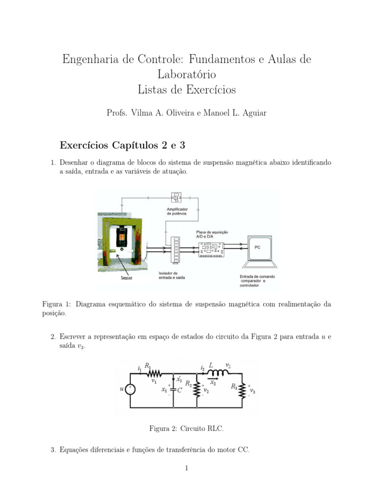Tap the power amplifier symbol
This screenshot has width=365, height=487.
[x=177, y=197]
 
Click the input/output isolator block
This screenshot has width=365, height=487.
[x=177, y=248]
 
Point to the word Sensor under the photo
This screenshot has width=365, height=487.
[x=126, y=278]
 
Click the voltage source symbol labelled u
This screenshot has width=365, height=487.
[x=131, y=389]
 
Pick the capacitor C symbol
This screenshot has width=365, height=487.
[x=173, y=389]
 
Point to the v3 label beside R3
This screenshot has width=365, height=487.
[x=252, y=392]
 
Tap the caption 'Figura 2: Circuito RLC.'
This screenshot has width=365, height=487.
[x=186, y=429]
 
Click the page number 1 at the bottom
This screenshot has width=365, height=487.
[x=187, y=468]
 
